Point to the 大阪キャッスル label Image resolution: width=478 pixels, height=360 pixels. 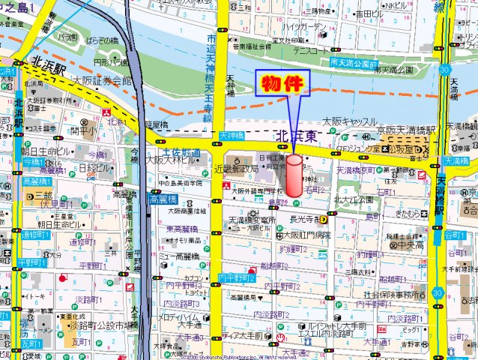pyautogui.click(x=349, y=121)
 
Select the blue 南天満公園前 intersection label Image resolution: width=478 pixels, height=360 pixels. pyautogui.click(x=355, y=62)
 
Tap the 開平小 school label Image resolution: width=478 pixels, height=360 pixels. pyautogui.click(x=82, y=130)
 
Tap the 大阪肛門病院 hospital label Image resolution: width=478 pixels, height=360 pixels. pyautogui.click(x=305, y=234)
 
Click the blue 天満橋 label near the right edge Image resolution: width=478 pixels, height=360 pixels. pyautogui.click(x=455, y=161)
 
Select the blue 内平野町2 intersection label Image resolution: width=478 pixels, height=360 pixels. pyautogui.click(x=237, y=278)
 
